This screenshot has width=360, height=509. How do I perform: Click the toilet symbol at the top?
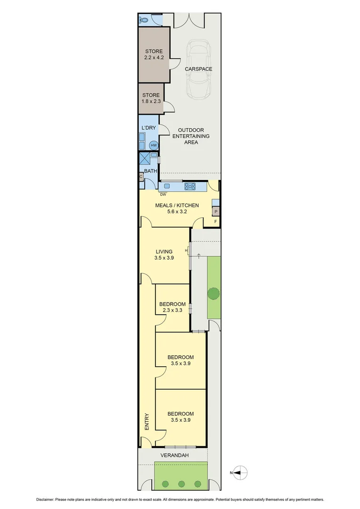click(144, 20)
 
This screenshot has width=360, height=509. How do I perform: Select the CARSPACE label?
click(198, 69)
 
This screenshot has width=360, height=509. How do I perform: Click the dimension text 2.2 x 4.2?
click(154, 58)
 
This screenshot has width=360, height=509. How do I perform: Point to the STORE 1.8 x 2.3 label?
click(151, 99)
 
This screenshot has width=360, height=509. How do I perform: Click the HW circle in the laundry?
click(154, 146)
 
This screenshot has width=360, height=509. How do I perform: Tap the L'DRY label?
click(149, 128)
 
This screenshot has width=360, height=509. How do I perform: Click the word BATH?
click(150, 171)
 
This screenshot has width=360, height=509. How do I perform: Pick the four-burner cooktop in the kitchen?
click(190, 186)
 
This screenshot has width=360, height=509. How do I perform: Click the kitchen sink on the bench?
click(167, 186)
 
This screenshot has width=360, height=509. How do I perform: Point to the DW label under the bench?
click(163, 194)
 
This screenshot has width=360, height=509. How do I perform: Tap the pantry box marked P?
click(216, 212)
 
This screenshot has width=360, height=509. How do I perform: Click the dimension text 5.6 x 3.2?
click(177, 212)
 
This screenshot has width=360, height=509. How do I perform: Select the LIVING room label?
click(164, 252)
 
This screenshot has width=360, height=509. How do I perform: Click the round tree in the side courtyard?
click(213, 293)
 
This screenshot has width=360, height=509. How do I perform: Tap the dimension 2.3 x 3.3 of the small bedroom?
click(172, 310)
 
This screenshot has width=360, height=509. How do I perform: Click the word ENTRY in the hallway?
click(147, 422)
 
